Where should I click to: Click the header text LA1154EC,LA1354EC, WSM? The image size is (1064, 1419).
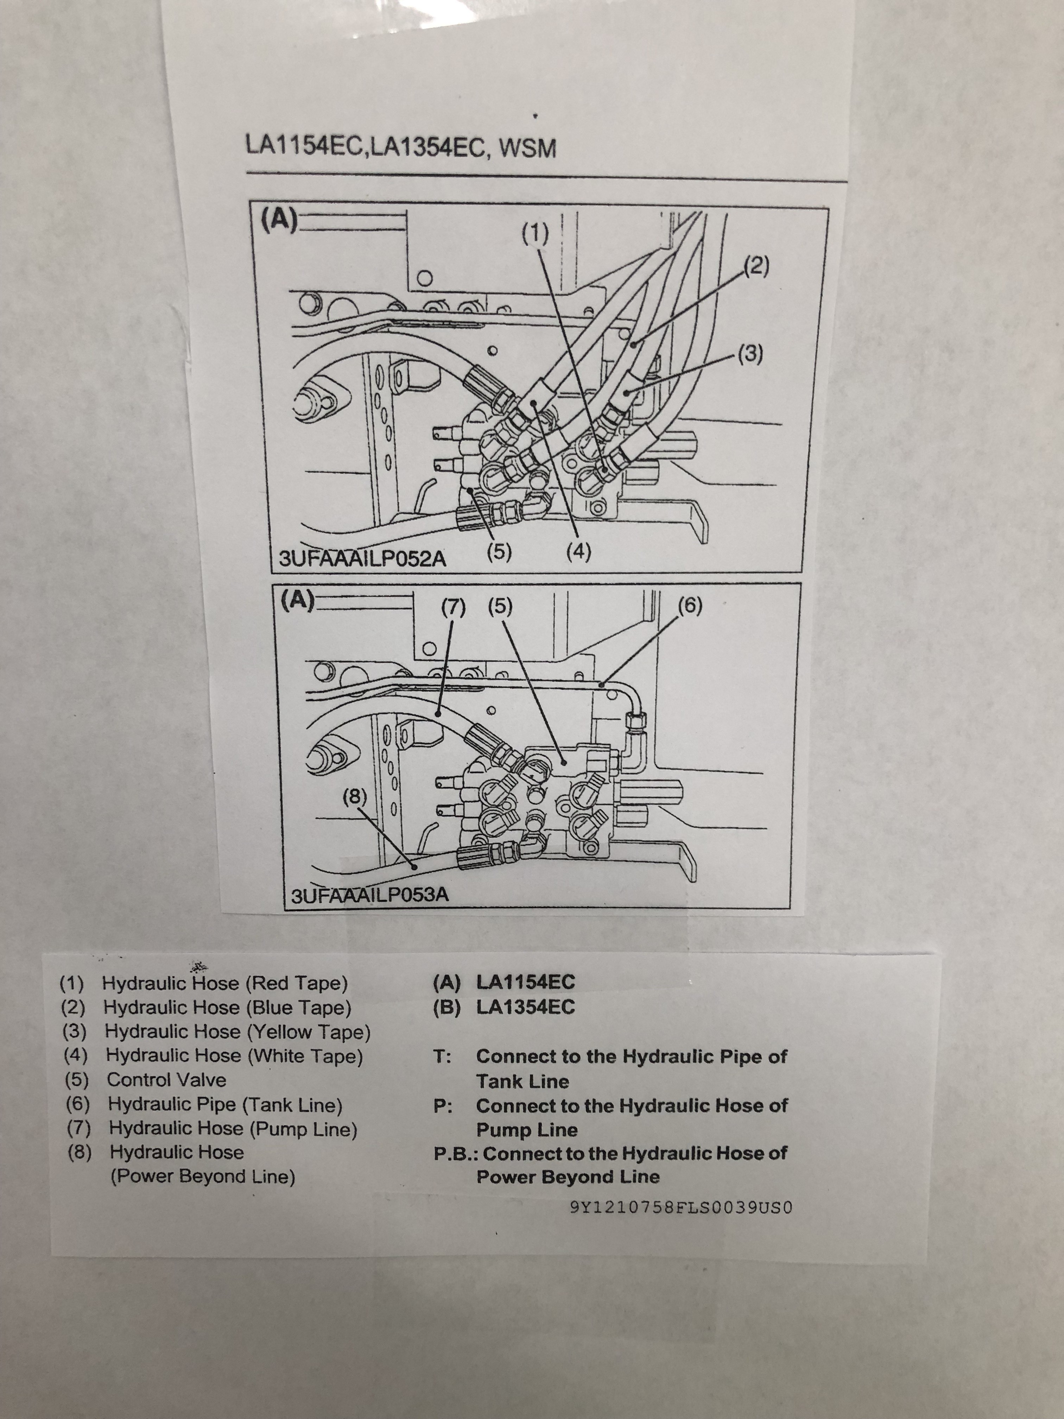(401, 147)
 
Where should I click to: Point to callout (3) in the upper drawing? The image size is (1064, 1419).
(749, 353)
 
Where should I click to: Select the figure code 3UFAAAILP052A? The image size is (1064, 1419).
(362, 558)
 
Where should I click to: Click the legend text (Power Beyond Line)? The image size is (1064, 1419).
(203, 1177)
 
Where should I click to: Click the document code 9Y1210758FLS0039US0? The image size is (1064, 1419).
(681, 1207)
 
